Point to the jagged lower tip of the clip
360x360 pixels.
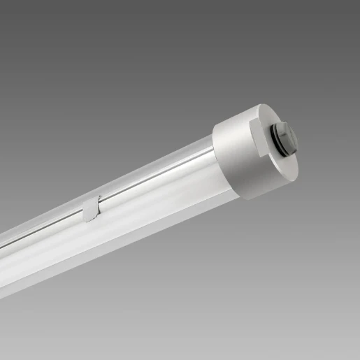click(87, 219)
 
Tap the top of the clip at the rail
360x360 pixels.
click(99, 199)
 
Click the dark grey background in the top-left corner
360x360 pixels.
click(21, 21)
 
